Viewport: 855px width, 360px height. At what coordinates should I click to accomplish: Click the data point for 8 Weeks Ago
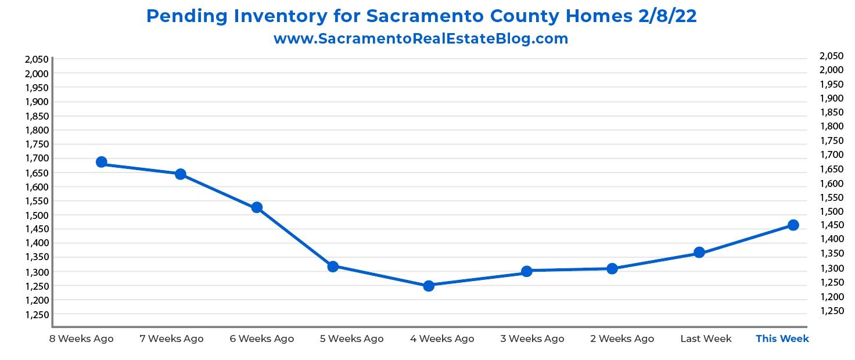[x=101, y=162]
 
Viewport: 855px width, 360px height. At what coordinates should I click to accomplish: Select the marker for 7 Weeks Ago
[x=180, y=174]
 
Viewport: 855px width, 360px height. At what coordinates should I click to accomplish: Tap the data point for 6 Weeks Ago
[x=257, y=207]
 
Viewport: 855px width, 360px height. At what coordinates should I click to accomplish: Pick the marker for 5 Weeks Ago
[x=333, y=267]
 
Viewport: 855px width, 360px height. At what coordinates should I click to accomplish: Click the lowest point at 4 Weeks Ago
[x=429, y=286]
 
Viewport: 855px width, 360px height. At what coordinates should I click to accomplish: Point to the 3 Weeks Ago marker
[x=527, y=271]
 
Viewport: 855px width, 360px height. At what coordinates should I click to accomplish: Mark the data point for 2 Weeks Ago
[x=612, y=268]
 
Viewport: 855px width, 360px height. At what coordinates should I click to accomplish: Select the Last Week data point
[x=699, y=253]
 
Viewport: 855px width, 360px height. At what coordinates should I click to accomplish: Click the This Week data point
[x=793, y=225]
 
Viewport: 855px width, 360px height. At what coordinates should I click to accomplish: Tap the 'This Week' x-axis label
[x=782, y=339]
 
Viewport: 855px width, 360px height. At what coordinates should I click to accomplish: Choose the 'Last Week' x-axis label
[x=706, y=339]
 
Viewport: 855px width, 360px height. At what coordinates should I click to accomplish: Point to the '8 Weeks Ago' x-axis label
[x=82, y=339]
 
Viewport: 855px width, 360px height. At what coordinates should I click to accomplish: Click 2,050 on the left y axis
[x=35, y=59]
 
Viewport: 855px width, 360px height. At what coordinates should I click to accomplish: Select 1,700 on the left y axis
[x=35, y=158]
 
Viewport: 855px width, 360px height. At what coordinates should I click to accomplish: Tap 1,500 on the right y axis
[x=831, y=211]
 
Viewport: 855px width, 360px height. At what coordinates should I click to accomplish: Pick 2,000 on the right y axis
[x=831, y=70]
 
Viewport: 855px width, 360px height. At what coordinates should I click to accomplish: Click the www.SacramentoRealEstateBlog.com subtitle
[x=421, y=39]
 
